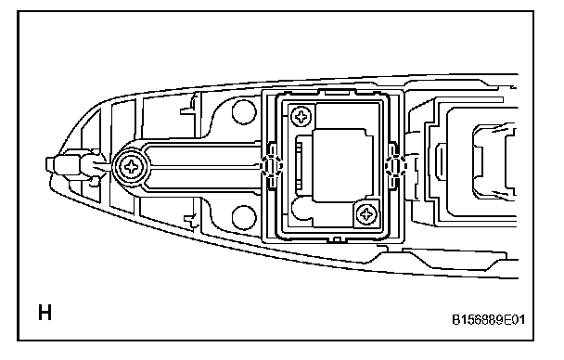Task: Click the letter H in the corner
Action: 45,312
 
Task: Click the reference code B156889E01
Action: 488,319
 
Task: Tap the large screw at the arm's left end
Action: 131,167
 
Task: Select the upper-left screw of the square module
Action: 301,116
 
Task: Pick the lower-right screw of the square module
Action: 366,214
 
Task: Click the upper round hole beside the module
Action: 244,112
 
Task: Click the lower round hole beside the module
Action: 244,217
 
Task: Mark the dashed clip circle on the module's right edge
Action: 395,165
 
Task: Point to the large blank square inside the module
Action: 342,165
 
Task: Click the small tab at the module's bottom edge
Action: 337,239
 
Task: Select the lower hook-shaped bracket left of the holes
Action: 191,220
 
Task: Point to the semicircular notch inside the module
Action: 301,210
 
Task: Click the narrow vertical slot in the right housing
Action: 441,162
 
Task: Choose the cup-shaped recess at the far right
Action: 494,161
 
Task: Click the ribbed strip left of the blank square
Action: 300,165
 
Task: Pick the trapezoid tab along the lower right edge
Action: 455,259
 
